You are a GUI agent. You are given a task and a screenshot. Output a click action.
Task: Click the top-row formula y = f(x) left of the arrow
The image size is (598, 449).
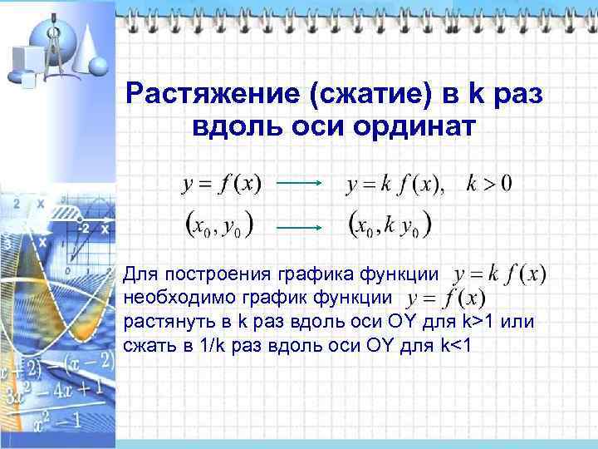click(x=221, y=184)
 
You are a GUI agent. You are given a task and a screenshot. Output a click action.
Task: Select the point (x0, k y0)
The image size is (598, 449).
click(x=390, y=224)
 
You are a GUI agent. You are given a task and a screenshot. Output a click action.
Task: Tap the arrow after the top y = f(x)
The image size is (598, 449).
click(x=299, y=185)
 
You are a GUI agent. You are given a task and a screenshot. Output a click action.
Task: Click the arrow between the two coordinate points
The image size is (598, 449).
click(x=299, y=225)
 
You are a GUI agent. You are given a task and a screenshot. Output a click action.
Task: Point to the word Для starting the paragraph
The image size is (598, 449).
click(x=139, y=274)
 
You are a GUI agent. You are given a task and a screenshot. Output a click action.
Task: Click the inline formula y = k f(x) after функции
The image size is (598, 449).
click(x=501, y=274)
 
